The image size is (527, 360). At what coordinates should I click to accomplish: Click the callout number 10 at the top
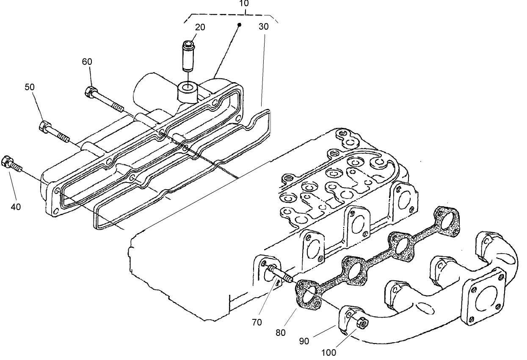click(243, 3)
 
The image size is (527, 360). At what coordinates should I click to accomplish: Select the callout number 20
click(200, 27)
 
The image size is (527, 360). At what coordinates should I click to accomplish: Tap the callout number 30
click(264, 26)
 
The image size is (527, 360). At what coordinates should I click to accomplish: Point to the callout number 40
click(16, 207)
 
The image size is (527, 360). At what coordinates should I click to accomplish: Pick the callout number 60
click(87, 62)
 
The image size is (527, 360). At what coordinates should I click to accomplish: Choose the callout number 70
click(257, 322)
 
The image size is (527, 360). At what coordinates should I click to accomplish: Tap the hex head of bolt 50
click(44, 126)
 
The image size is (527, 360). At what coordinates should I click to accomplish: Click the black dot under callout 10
click(239, 25)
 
